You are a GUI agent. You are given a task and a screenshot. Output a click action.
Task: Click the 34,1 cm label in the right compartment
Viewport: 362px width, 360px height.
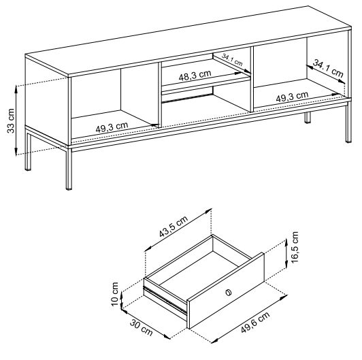(x=328, y=70)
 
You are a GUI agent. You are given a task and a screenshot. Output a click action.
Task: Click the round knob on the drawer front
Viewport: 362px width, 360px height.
(x=228, y=292)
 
